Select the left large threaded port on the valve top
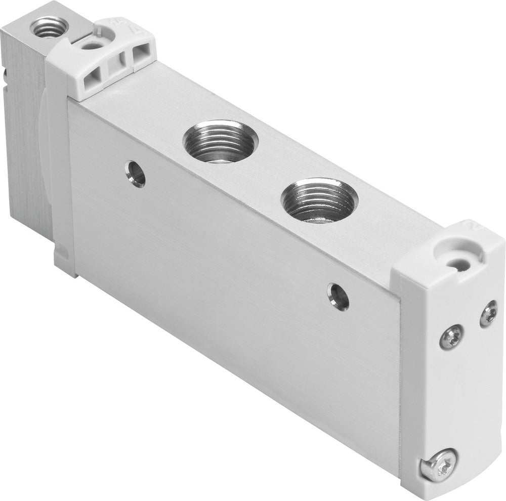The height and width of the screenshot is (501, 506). [x=219, y=142]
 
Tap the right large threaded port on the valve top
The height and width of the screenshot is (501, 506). [x=318, y=201]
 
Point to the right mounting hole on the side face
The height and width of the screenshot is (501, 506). [x=338, y=296]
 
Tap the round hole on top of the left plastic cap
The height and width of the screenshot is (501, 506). [x=92, y=46]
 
